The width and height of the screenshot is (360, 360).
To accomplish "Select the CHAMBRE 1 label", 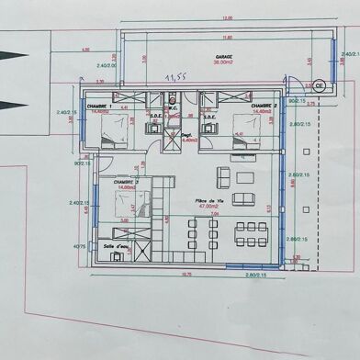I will (98, 107).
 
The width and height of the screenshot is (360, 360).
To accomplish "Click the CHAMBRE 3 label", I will (126, 182).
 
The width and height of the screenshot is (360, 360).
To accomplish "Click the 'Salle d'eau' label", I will (117, 246).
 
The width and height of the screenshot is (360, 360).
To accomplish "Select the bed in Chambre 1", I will (112, 136).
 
